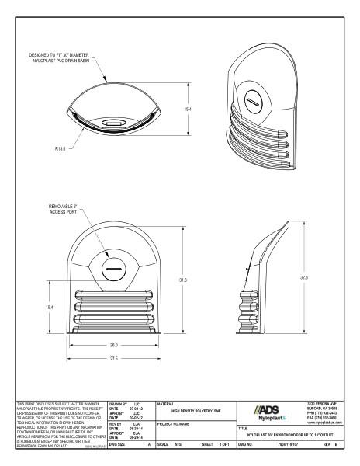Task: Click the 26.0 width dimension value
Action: click(113, 344)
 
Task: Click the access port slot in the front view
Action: click(113, 270)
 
